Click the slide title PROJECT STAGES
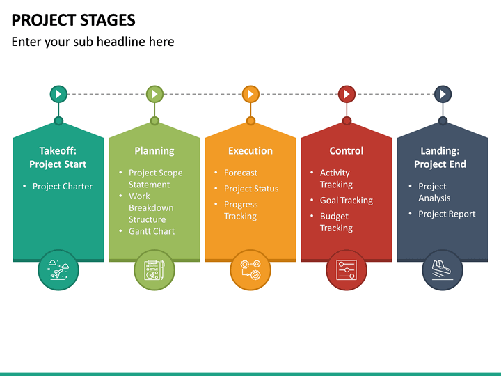click(74, 19)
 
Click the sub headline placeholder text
click(93, 42)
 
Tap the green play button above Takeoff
click(58, 94)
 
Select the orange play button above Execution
click(250, 94)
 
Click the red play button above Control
click(347, 94)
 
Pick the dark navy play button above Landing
click(443, 94)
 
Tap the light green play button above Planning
click(154, 94)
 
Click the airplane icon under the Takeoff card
click(58, 269)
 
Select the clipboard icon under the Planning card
click(154, 269)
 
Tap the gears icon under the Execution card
click(250, 269)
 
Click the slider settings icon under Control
click(347, 269)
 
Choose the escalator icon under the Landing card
click(443, 269)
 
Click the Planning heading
click(154, 150)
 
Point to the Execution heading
click(250, 150)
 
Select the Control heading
click(347, 150)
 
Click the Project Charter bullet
click(63, 186)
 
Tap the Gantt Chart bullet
click(152, 231)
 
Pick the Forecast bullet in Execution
click(241, 173)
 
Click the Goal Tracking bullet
click(347, 201)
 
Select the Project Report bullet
click(447, 214)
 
